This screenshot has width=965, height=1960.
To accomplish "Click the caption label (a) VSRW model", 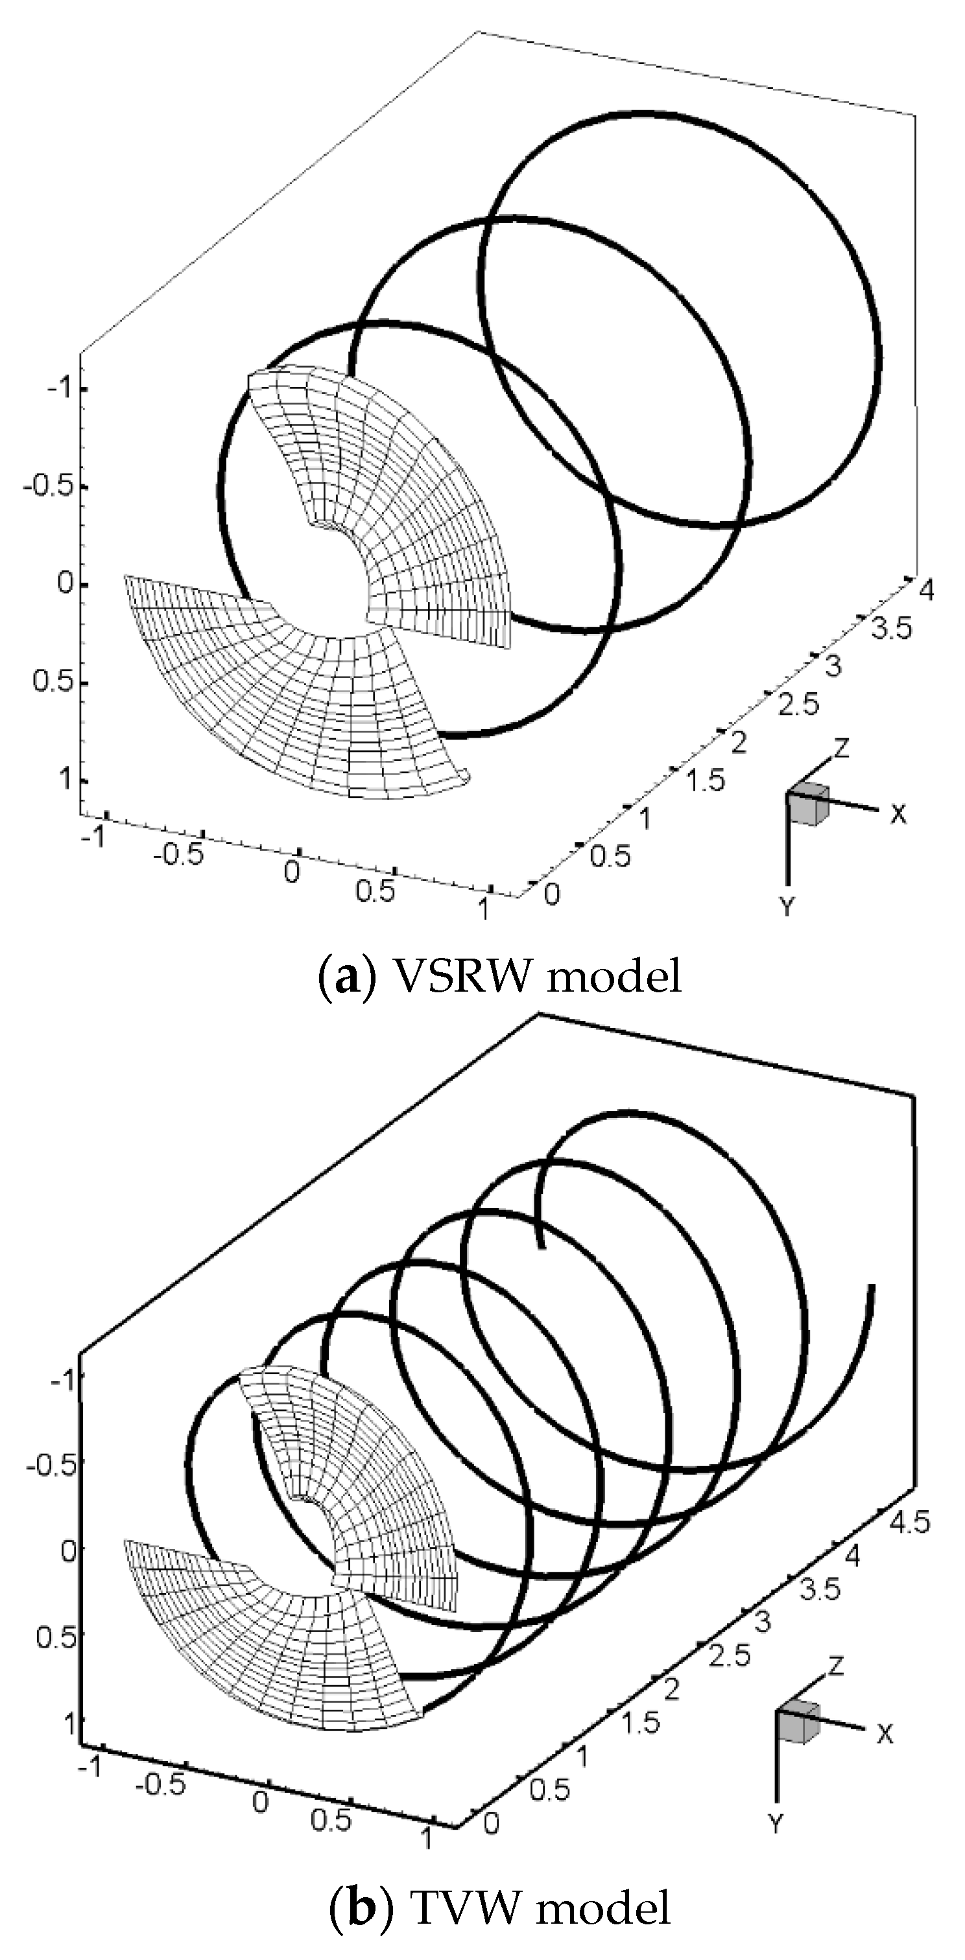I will (x=499, y=976).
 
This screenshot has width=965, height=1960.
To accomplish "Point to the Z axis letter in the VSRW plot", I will (x=841, y=748).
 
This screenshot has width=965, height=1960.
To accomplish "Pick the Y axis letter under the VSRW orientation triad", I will (x=787, y=905).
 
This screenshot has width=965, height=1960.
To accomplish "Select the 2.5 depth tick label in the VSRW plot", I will (x=798, y=705).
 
